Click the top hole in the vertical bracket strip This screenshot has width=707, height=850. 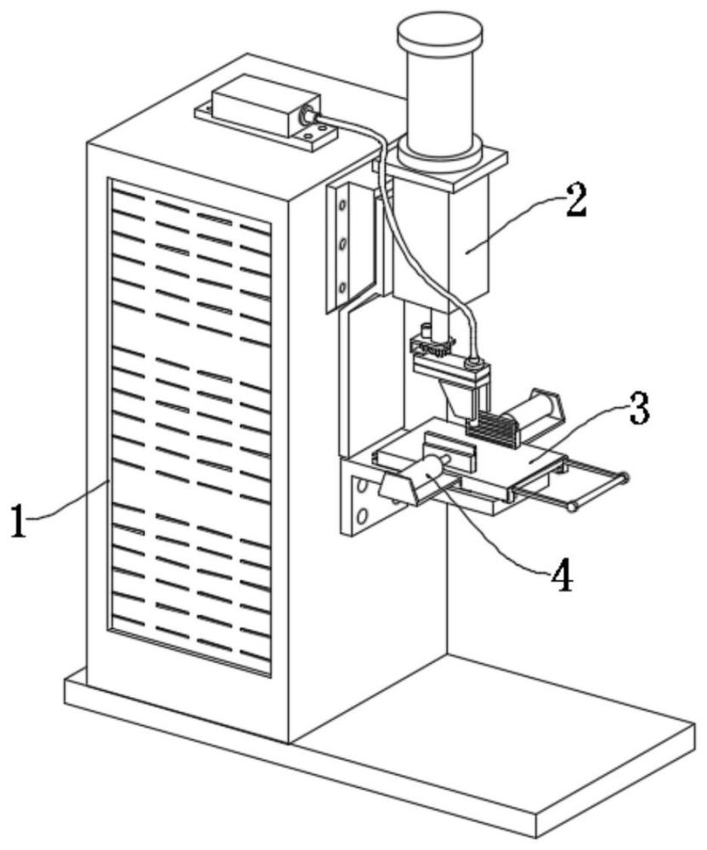point(343,207)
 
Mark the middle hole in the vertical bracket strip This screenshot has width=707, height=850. point(343,247)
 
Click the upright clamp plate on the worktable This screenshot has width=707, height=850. point(447,448)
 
